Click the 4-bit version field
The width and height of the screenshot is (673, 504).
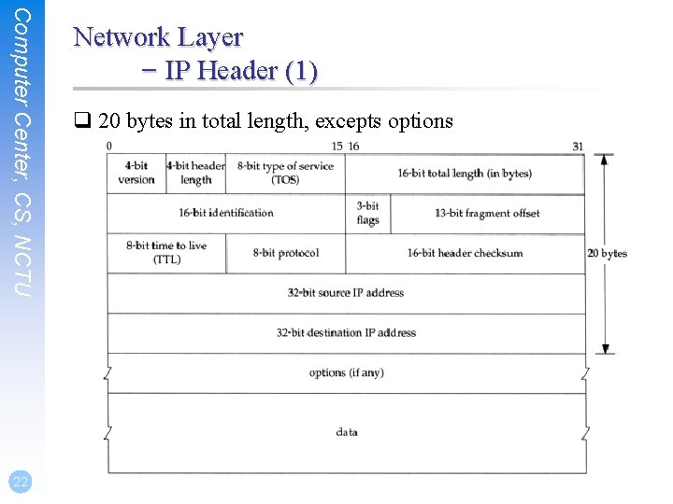(x=136, y=173)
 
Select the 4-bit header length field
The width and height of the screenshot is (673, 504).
(x=195, y=173)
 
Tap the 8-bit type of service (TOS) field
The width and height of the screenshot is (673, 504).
(x=285, y=173)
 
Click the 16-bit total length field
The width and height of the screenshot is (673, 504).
(x=465, y=173)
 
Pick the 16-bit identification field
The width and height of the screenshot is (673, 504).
(x=226, y=213)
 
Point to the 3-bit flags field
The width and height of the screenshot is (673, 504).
(x=368, y=214)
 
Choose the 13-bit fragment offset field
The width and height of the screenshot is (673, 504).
(x=487, y=213)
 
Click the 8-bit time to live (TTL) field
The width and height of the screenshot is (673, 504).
(x=166, y=253)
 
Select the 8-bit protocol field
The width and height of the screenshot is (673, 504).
(x=286, y=253)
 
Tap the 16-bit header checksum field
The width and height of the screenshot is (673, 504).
(x=465, y=253)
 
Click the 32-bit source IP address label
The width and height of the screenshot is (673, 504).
(x=346, y=293)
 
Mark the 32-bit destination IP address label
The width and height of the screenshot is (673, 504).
(x=346, y=332)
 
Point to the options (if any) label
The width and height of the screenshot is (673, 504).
(x=346, y=372)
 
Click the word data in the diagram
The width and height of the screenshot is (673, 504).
(x=347, y=432)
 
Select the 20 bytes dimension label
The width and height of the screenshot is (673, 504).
(x=607, y=253)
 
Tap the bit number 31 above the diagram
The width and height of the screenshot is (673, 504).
(x=578, y=146)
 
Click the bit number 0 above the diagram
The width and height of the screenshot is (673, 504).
(x=109, y=146)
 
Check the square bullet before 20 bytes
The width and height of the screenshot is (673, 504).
(x=81, y=121)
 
